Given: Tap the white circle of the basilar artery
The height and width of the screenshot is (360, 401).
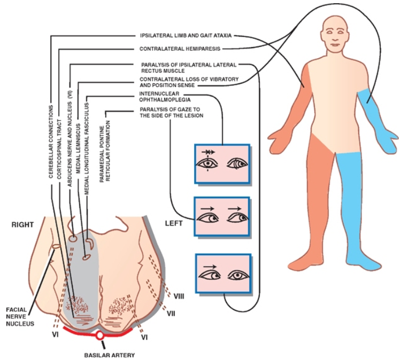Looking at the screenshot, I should point(99,336).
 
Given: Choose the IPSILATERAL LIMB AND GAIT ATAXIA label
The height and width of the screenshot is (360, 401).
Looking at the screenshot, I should point(186,36).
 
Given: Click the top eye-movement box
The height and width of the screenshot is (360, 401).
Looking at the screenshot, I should point(222,164).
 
